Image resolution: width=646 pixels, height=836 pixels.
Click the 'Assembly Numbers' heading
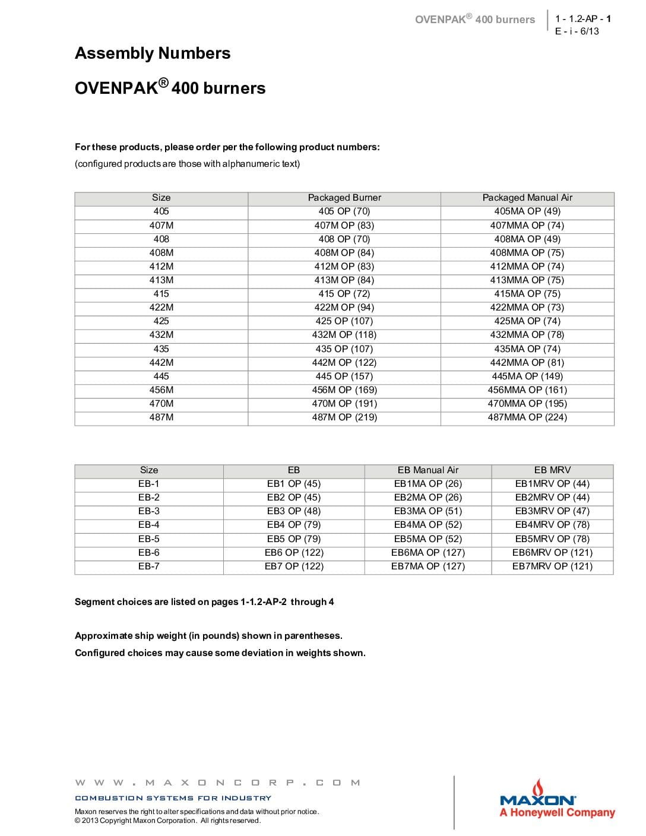tap(153, 53)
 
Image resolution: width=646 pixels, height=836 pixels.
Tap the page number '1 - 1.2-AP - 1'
tap(582, 18)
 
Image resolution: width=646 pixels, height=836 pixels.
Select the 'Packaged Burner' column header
tap(344, 198)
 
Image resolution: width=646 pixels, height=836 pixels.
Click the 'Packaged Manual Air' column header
tap(527, 198)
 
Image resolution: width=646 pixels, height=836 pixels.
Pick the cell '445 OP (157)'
tap(344, 376)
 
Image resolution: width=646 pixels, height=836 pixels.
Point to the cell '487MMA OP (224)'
tap(527, 417)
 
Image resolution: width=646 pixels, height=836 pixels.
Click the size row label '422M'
tap(161, 308)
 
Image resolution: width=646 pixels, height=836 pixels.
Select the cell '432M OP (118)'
tap(344, 335)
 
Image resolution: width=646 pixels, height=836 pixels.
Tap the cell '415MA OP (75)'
tap(527, 294)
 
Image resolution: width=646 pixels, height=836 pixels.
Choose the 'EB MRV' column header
tap(552, 470)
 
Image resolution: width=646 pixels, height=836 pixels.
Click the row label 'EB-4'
tap(149, 525)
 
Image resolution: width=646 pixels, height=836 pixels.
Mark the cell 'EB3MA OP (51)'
tap(428, 511)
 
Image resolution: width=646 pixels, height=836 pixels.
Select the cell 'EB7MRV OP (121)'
tap(552, 566)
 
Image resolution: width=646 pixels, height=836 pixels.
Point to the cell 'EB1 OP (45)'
tap(294, 484)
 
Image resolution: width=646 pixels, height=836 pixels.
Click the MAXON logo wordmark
tap(537, 800)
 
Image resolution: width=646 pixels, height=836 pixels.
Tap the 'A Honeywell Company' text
tap(557, 813)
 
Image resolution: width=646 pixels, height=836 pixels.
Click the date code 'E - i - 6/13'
tap(577, 31)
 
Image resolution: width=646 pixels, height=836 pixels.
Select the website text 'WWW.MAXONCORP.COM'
tap(218, 783)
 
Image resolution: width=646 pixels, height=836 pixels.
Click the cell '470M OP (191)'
tap(344, 404)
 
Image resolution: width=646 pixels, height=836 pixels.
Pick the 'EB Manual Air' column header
tap(428, 470)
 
